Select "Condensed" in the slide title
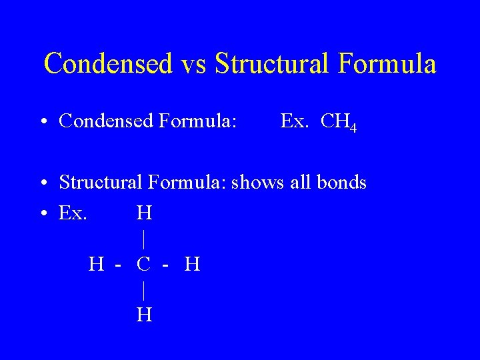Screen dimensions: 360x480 coord(108,64)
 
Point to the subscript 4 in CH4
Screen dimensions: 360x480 coord(353,127)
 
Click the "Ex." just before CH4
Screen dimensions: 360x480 coord(294,121)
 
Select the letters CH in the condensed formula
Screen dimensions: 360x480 coord(335,121)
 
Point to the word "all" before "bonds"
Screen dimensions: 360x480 coord(301,182)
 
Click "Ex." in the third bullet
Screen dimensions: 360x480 coord(73,213)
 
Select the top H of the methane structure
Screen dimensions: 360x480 coord(144,213)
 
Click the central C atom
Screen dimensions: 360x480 coord(143,265)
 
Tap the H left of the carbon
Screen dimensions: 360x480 coord(96,265)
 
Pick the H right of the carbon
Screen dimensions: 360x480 coord(192,265)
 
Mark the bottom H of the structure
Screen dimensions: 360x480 coord(144,314)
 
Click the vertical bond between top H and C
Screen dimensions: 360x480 coord(144,239)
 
